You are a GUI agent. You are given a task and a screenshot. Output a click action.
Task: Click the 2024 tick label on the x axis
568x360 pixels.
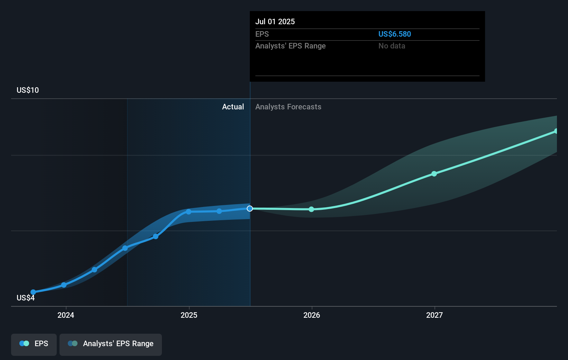pos(66,315)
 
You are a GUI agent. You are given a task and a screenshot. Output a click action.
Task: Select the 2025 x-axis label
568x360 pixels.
pos(189,315)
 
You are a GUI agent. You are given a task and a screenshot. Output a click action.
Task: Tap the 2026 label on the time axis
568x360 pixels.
pos(312,315)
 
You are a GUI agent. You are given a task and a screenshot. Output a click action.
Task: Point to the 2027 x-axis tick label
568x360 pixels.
pos(434,315)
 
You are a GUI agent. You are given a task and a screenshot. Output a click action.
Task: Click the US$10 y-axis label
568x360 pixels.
pos(28,90)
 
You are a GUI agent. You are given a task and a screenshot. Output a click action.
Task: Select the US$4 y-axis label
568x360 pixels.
pos(26,298)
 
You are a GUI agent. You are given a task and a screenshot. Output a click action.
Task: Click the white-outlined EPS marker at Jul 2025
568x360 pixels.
pos(250,208)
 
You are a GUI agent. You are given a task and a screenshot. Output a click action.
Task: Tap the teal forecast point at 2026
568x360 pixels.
pos(311,209)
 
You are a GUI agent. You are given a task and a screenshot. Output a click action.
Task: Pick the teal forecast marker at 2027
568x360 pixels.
pos(434,174)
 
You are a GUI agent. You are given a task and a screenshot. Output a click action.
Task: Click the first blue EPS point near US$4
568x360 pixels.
pos(33,292)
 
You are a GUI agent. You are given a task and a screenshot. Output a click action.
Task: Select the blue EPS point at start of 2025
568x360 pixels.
pos(189,212)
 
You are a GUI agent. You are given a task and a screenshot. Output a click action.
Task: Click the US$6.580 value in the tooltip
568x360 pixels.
pos(395,34)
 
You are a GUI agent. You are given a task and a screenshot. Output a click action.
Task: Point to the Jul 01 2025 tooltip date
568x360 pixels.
pos(275,21)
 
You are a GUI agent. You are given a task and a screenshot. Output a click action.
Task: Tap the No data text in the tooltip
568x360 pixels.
pos(392,46)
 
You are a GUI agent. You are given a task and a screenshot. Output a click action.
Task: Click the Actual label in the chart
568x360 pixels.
pos(233,107)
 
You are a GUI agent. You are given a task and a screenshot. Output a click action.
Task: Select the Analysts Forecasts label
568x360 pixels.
pos(288,107)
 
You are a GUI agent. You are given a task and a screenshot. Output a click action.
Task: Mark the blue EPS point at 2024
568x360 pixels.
pos(64,285)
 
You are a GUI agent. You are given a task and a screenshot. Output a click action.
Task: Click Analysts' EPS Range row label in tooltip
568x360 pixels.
pos(290,46)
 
